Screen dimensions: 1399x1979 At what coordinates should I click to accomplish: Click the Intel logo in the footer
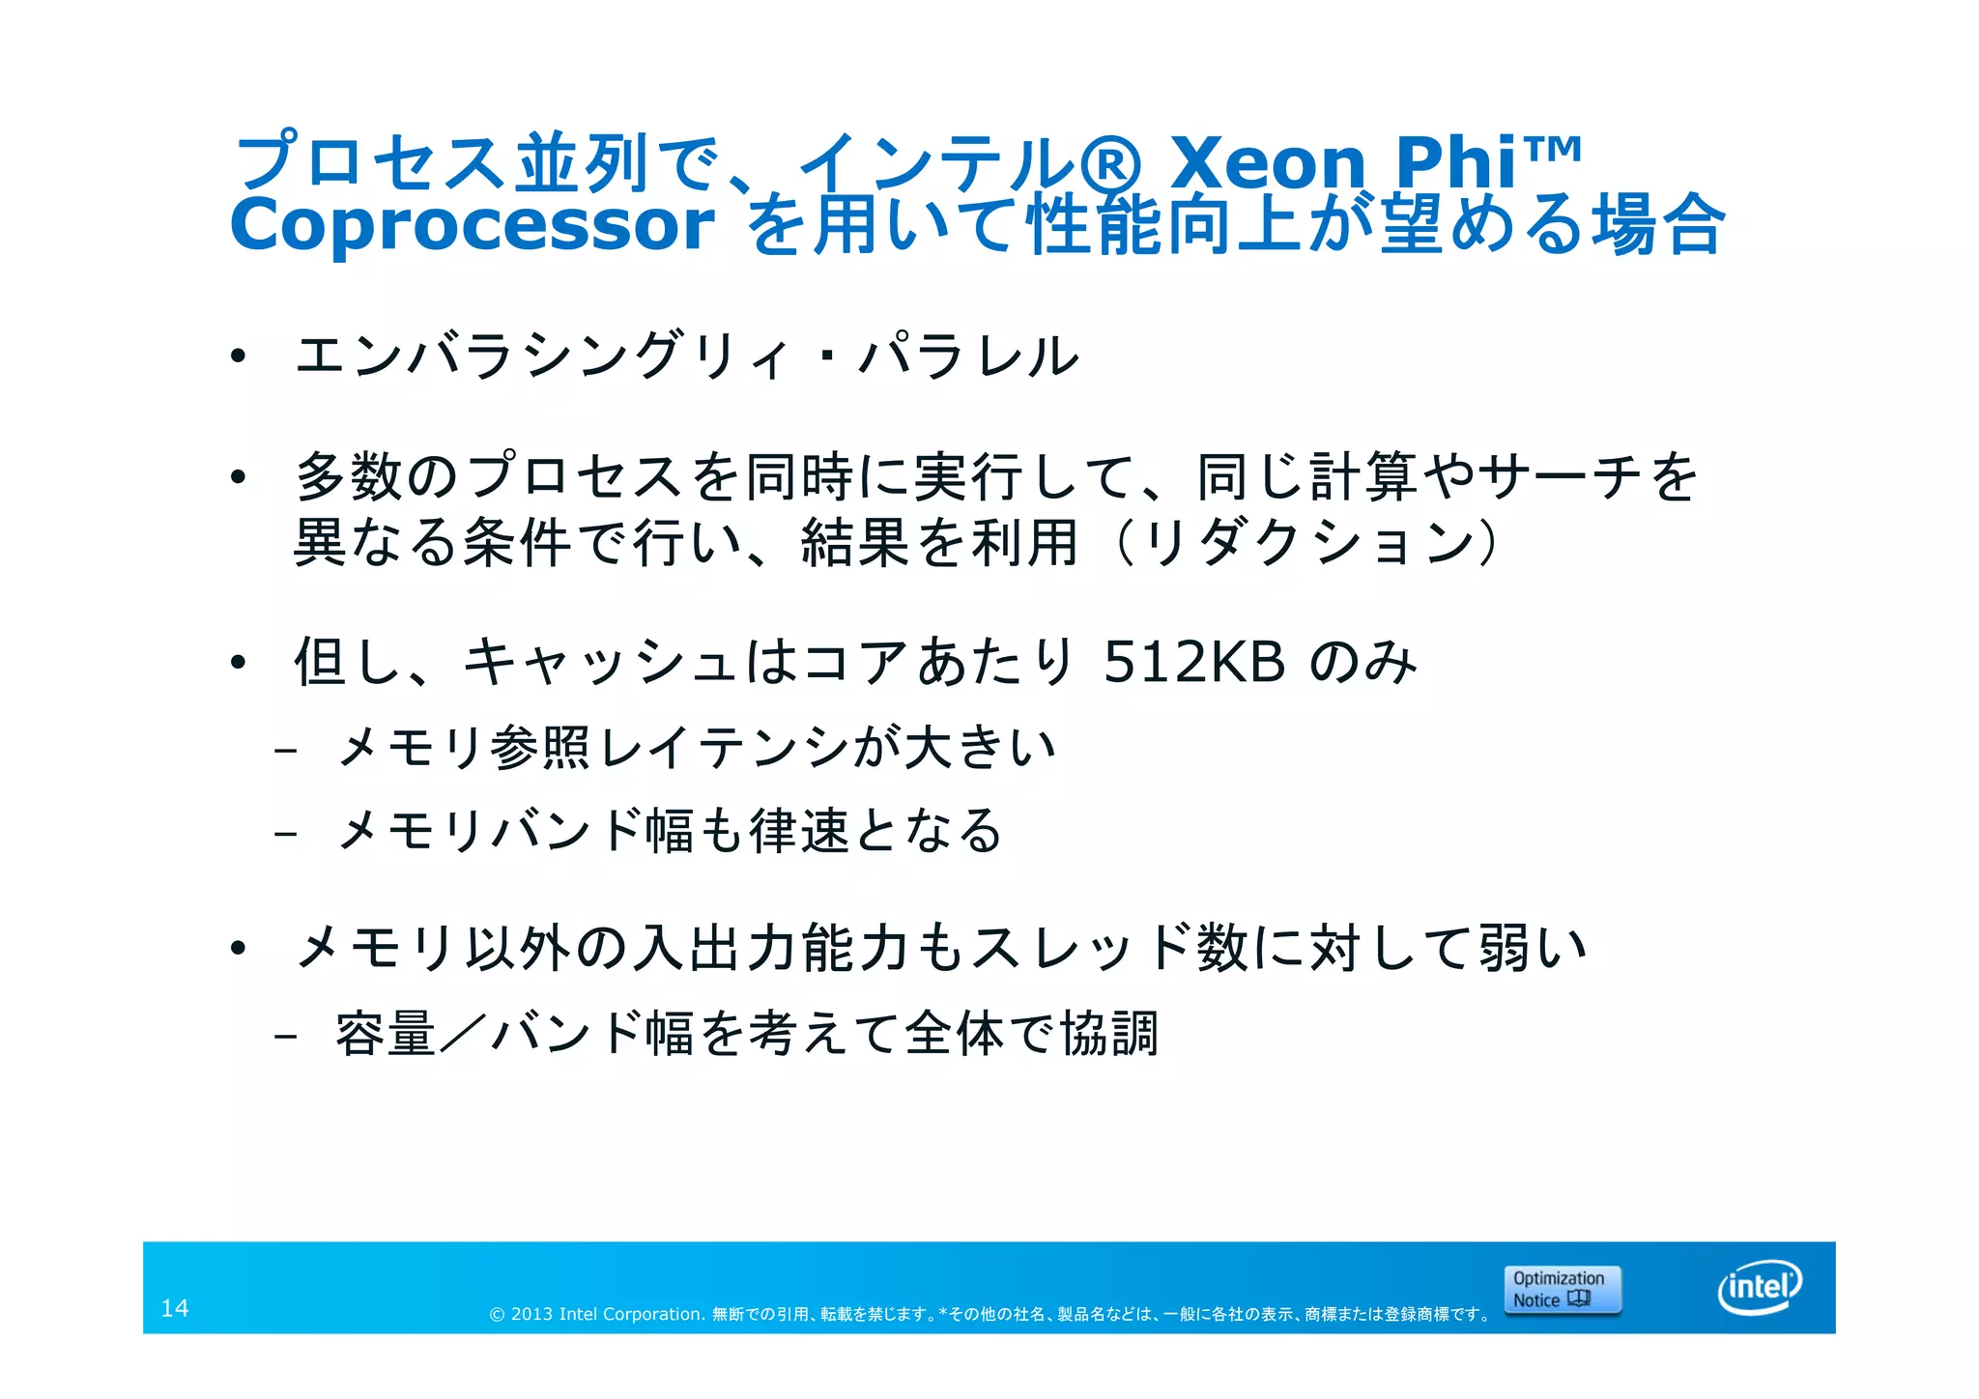point(1760,1286)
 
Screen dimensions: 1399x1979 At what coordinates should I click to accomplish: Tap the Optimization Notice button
point(1562,1290)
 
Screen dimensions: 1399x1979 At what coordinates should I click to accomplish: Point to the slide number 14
point(175,1308)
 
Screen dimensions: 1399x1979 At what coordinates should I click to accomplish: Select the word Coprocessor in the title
point(473,225)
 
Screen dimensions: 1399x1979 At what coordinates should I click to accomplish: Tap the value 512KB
point(1194,663)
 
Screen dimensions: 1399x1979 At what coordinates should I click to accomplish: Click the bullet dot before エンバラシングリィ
point(239,357)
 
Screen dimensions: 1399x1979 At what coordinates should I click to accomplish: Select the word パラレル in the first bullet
point(969,357)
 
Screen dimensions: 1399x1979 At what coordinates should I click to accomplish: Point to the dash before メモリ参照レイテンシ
point(284,749)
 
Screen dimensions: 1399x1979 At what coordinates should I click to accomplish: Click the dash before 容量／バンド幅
point(284,1036)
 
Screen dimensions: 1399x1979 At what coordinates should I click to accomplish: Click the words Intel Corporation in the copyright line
point(631,1314)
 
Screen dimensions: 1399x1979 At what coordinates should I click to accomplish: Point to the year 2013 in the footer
point(531,1314)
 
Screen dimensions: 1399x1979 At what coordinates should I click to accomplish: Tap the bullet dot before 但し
point(239,664)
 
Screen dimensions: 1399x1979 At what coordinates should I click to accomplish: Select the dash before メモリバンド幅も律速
point(284,832)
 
